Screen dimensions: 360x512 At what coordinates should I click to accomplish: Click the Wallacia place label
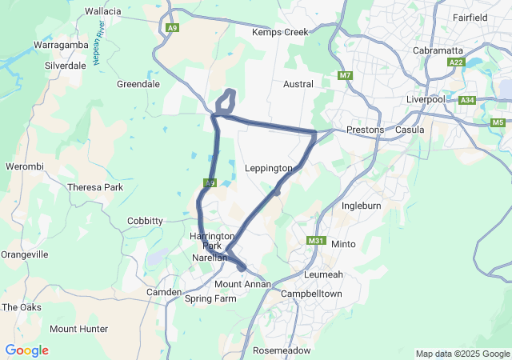click(102, 11)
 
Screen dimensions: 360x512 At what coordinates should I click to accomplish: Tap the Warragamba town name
click(59, 46)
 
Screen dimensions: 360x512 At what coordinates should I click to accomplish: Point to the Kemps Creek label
click(279, 32)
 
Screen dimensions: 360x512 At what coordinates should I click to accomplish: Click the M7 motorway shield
click(345, 76)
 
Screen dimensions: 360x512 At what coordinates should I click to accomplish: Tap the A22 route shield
click(456, 62)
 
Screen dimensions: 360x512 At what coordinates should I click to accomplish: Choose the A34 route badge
click(468, 100)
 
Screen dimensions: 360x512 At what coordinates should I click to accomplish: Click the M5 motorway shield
click(498, 122)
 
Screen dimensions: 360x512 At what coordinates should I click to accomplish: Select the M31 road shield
click(315, 241)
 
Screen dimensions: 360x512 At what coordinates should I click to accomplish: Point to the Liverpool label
click(424, 98)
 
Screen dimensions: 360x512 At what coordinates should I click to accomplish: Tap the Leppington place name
click(268, 168)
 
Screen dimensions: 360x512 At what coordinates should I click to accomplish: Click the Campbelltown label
click(311, 294)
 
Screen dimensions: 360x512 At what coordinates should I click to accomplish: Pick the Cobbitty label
click(145, 221)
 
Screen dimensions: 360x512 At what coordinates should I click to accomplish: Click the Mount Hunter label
click(78, 329)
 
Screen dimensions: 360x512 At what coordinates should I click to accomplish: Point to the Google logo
click(26, 350)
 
